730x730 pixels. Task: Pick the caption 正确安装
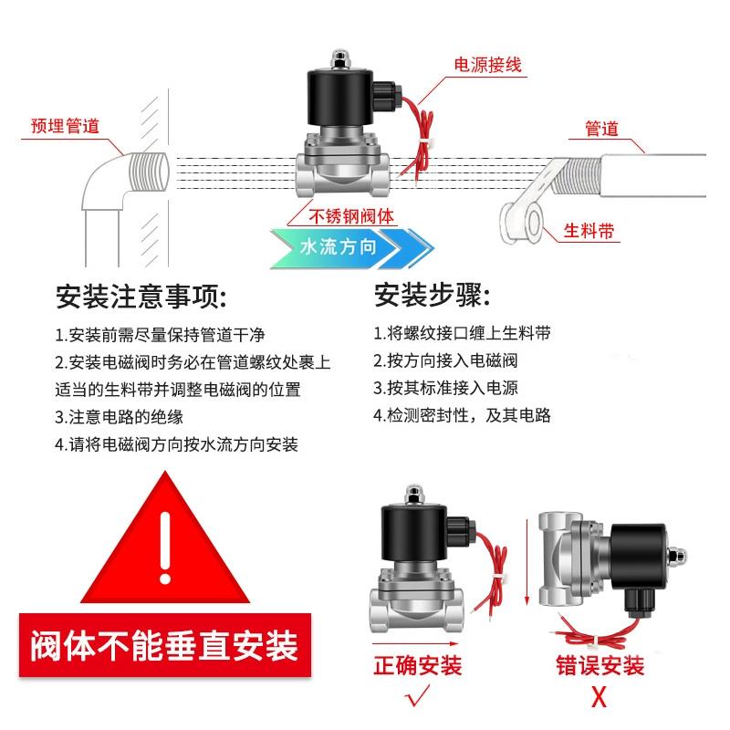[x=419, y=665]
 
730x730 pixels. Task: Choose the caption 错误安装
[x=600, y=665]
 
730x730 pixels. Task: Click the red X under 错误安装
[x=600, y=699]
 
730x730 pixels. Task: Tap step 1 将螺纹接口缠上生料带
[x=462, y=333]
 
